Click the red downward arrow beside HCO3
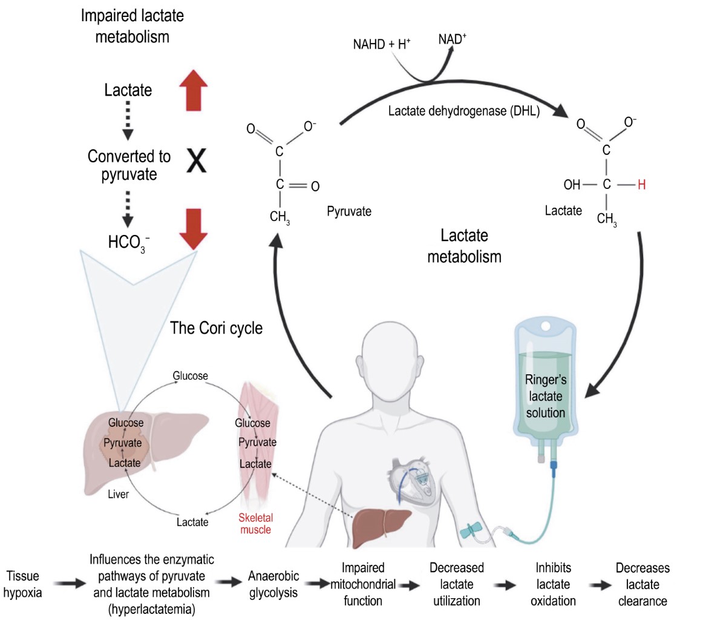(194, 228)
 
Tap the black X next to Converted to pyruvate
(196, 162)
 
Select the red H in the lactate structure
(641, 185)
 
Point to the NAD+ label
(453, 39)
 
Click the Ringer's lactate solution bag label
(546, 397)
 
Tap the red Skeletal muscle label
(255, 524)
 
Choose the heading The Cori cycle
(217, 328)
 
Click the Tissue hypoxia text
(23, 584)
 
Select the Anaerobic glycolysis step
(273, 584)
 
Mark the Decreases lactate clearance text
(642, 584)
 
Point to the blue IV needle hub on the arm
(470, 530)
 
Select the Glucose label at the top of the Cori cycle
(190, 376)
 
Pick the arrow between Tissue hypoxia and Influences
(67, 584)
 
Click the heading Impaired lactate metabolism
(132, 26)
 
